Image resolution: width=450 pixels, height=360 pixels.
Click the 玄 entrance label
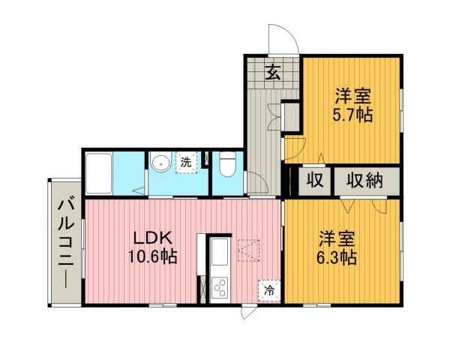click(273, 73)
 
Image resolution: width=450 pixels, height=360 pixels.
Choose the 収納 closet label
click(364, 181)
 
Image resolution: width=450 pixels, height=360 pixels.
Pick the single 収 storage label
click(313, 181)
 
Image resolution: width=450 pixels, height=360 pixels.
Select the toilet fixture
click(227, 165)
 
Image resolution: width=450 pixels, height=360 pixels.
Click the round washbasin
click(160, 163)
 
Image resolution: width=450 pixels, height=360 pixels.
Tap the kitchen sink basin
click(218, 255)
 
